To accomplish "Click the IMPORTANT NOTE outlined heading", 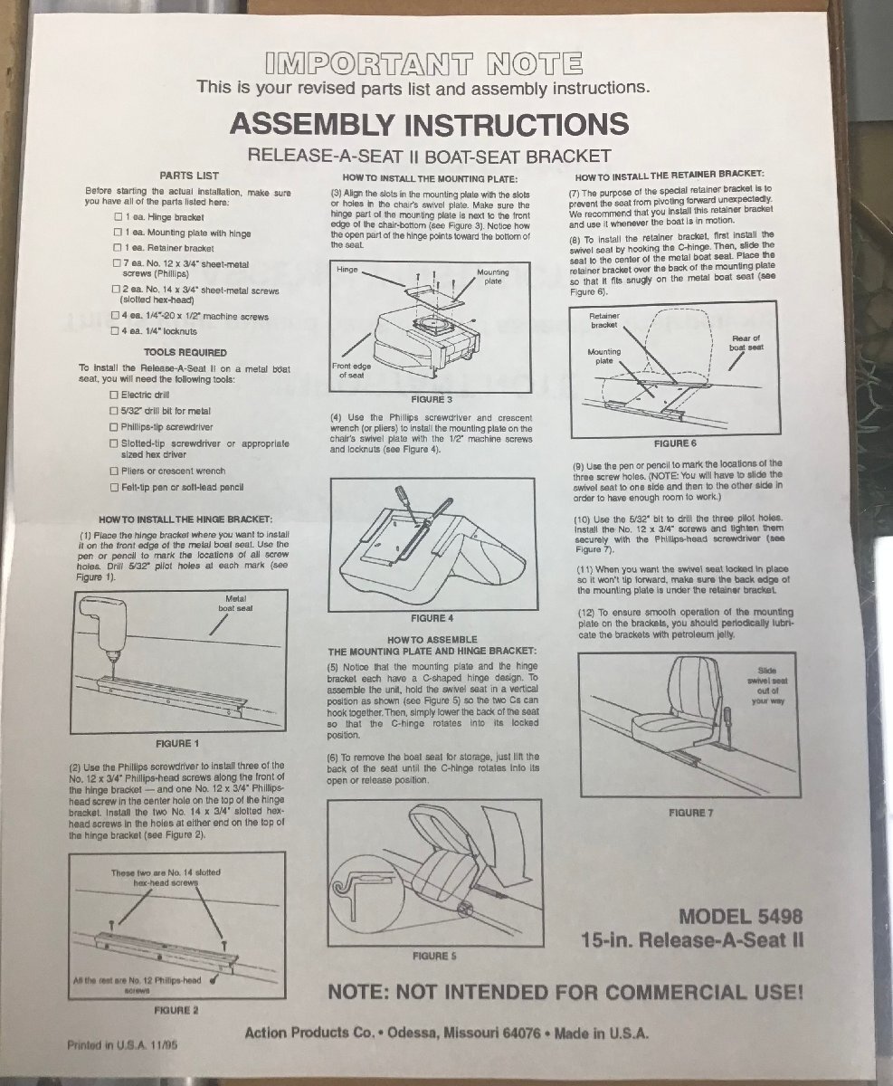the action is [424, 64].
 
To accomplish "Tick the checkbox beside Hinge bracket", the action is [119, 217].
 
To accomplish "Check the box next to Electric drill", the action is [114, 395].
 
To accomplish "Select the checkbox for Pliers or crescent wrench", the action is [114, 472].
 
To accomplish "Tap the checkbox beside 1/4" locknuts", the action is [115, 331].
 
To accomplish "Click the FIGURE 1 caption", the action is [177, 744].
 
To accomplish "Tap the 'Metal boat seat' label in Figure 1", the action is [236, 604].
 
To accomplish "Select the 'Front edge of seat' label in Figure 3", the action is [352, 371].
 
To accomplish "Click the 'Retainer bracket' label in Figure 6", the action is [604, 320].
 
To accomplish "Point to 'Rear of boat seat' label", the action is [746, 343].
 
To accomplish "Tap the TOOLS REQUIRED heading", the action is [185, 353].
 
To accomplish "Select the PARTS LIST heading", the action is [189, 176].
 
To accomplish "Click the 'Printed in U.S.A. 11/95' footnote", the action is [122, 1046].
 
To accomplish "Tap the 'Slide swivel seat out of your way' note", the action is [767, 686].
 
